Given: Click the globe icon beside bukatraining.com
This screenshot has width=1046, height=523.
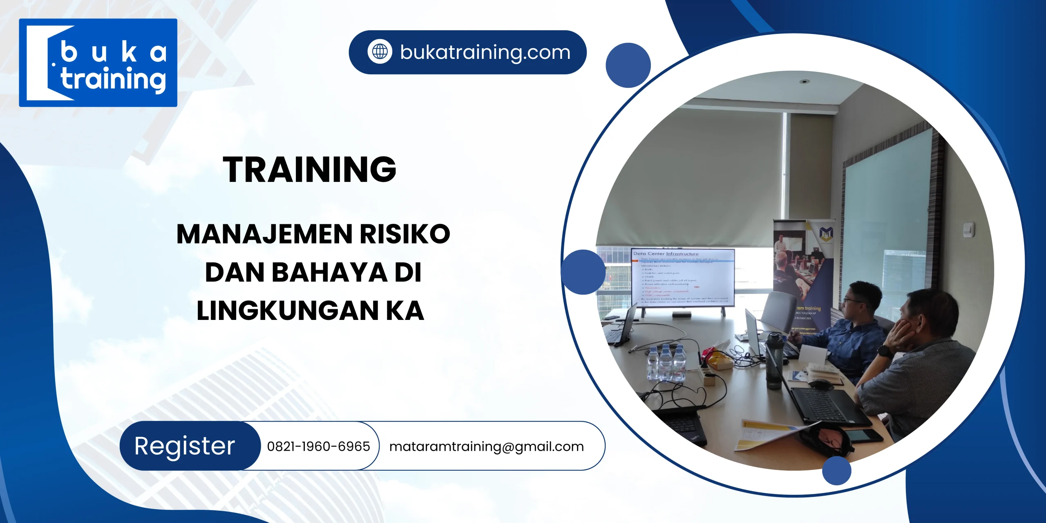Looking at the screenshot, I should click(380, 52).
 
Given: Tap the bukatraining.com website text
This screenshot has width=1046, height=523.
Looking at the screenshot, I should click(485, 52).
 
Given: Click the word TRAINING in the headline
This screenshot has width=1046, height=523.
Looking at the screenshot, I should click(309, 169).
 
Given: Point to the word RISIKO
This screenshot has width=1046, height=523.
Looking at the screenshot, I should click(405, 234).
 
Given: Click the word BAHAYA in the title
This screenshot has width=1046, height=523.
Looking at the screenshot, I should click(329, 273).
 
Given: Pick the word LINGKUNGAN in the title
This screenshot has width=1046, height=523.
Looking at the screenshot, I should click(288, 311).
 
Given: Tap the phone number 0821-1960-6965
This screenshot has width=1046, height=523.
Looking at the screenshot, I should click(318, 446).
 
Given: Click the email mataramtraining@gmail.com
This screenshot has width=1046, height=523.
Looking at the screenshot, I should click(486, 447).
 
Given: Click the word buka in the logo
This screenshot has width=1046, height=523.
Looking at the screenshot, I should click(113, 53).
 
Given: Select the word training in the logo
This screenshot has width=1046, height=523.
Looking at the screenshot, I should click(113, 79).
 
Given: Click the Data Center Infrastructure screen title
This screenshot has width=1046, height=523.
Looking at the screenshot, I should click(666, 254).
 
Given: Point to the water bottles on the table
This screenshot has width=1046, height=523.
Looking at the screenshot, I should click(666, 362).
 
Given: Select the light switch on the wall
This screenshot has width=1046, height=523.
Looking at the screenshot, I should click(968, 230).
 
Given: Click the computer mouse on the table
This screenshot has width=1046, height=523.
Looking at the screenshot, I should click(819, 384).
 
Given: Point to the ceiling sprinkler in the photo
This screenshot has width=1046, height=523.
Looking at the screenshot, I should click(804, 81).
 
